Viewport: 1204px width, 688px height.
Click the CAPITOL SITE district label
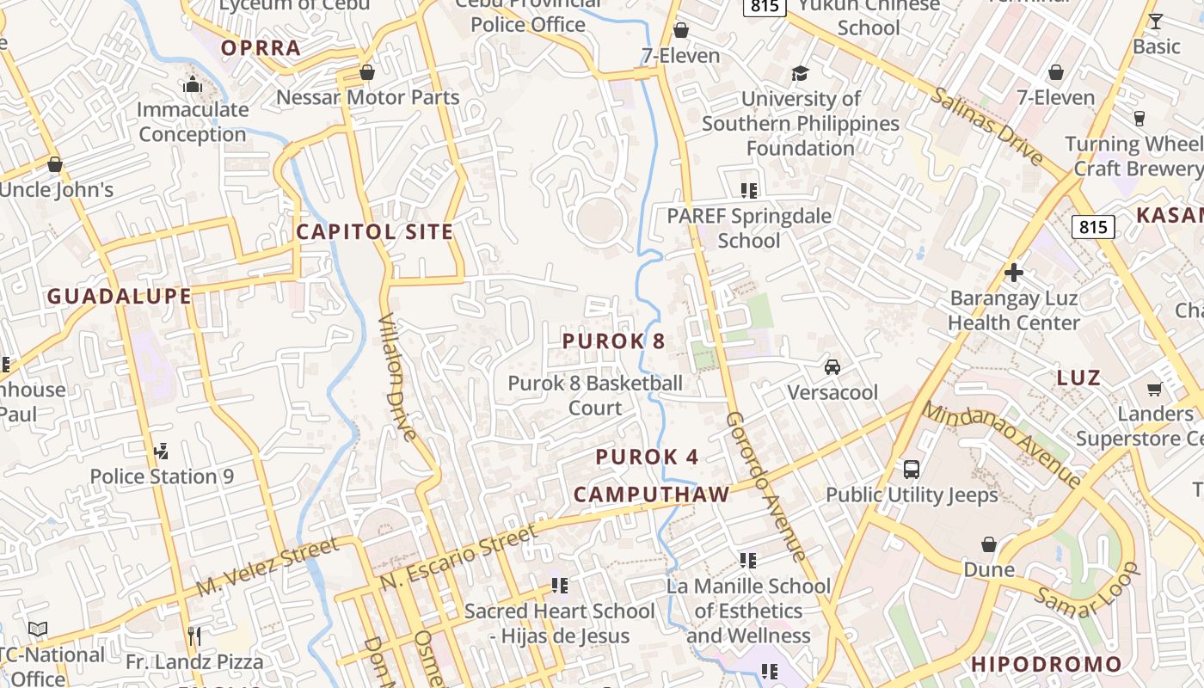pyautogui.click(x=375, y=231)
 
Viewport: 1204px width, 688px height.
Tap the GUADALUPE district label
pyautogui.click(x=119, y=297)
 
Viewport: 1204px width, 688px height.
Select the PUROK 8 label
pyautogui.click(x=613, y=341)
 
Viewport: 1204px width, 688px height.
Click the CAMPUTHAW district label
pyautogui.click(x=651, y=494)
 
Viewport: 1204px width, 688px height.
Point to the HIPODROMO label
pyautogui.click(x=1047, y=665)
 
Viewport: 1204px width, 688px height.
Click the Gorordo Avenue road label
pyautogui.click(x=765, y=486)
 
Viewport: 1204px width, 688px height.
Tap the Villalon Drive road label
pyautogui.click(x=397, y=376)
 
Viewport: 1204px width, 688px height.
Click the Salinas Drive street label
pyautogui.click(x=986, y=126)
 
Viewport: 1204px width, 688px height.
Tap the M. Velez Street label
pyautogui.click(x=267, y=568)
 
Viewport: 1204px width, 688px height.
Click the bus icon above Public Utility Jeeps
pyautogui.click(x=912, y=470)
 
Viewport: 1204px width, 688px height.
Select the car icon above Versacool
pyautogui.click(x=832, y=367)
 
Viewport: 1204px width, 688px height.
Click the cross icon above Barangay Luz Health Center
pyautogui.click(x=1014, y=273)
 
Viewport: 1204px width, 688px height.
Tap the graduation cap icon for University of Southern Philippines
pyautogui.click(x=800, y=73)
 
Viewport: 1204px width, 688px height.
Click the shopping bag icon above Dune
pyautogui.click(x=989, y=544)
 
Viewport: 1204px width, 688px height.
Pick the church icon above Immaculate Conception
pyautogui.click(x=193, y=84)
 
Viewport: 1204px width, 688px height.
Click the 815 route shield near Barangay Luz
pyautogui.click(x=1093, y=227)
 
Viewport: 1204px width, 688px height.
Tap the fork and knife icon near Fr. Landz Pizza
pyautogui.click(x=194, y=636)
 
